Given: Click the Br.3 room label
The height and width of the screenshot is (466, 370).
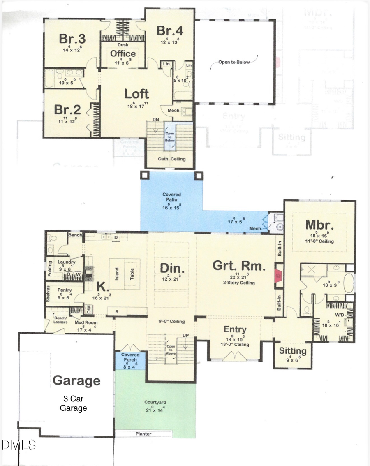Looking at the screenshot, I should pos(72,39).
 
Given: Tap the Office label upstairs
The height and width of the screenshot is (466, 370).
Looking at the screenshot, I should pos(123,53).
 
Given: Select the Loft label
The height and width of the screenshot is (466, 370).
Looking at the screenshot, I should pos(136,94).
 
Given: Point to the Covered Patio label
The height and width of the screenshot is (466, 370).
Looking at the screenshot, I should pos(171,197).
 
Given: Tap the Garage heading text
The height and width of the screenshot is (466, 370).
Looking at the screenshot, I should pos(76,380).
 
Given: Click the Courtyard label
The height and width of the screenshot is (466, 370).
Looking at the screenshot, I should pos(155,402).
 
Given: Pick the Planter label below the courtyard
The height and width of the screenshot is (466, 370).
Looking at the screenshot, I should pos(143,434).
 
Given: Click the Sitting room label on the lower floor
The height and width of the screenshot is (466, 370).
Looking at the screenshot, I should pos(293,351).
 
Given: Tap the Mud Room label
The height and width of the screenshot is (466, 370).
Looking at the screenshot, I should pos(86,322).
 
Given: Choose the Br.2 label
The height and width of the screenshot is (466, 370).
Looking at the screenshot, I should pos(68,110).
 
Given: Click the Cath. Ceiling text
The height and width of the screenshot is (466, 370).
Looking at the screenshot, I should pos(171,159).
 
